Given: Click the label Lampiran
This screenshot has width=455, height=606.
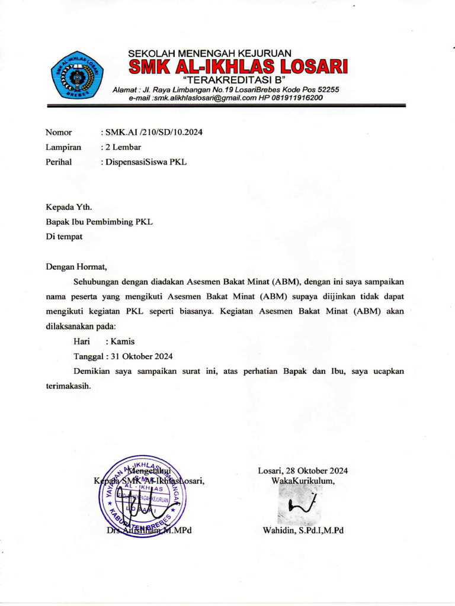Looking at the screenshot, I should (63, 147).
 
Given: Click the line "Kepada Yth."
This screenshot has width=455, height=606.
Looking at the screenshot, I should (69, 207).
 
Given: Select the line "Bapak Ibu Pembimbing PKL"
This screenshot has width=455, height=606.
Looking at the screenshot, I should (99, 222).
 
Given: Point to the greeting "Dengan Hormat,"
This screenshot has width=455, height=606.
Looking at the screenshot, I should (76, 266).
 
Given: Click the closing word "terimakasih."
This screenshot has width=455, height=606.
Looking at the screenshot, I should (68, 385).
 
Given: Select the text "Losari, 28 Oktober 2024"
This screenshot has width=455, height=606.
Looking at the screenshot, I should (303, 471).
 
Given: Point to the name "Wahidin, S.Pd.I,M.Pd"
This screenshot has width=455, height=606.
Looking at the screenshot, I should (303, 530).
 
